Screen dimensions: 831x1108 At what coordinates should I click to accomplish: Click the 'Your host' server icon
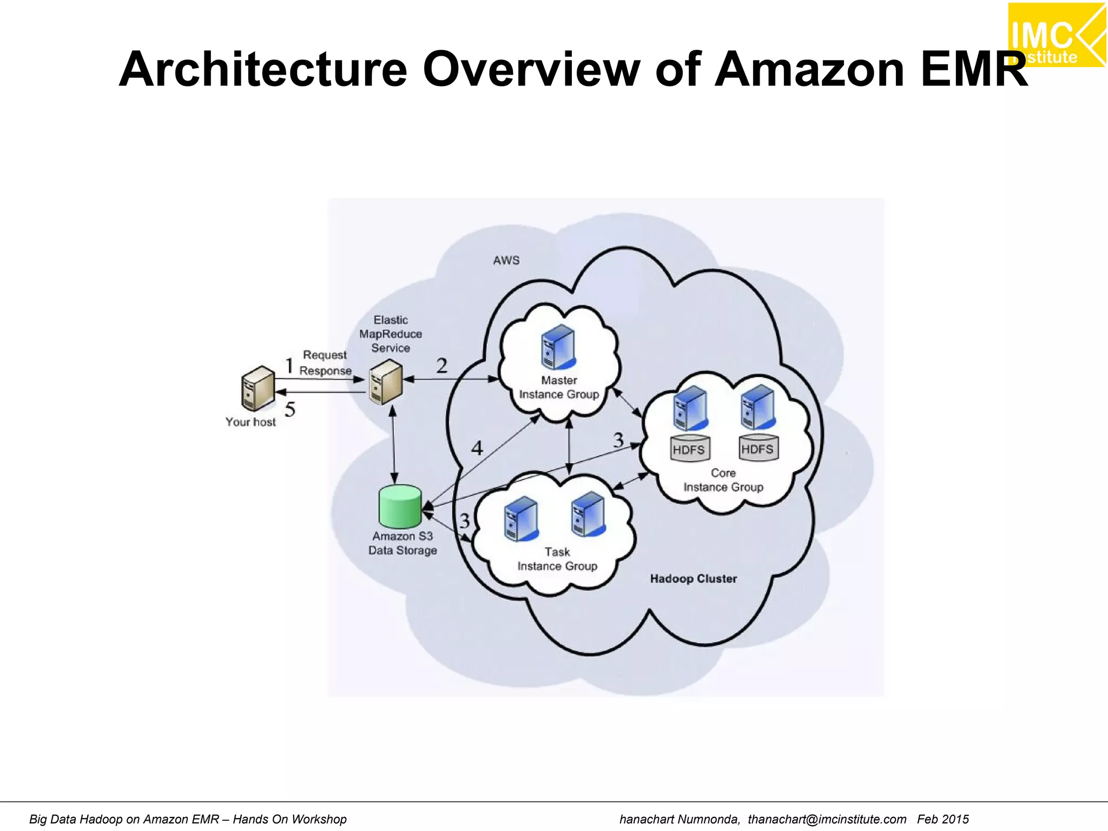[258, 388]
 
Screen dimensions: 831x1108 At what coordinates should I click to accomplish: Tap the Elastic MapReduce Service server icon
[386, 382]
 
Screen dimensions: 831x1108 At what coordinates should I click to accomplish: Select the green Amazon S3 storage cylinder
[400, 506]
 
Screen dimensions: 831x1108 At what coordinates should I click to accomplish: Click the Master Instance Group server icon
[558, 347]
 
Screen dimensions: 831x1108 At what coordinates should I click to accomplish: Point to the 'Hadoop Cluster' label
[693, 579]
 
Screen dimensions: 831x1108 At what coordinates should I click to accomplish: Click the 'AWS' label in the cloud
[506, 261]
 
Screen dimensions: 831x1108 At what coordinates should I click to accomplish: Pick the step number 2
[442, 366]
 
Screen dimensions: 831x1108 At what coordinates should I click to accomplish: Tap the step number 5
[290, 410]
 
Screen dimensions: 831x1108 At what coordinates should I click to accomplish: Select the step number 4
[477, 448]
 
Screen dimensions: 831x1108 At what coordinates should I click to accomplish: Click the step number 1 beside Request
[289, 366]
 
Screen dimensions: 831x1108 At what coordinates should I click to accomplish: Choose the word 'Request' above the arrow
[325, 355]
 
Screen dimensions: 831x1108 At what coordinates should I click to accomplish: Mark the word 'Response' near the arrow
[325, 371]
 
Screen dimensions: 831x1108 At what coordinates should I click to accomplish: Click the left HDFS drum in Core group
[689, 449]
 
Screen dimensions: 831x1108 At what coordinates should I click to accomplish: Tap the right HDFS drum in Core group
[758, 448]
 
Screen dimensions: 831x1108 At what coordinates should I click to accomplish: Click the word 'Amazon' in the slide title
[809, 69]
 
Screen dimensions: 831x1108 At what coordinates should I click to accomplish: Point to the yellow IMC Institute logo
[1057, 35]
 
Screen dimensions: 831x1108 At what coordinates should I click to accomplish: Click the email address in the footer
[827, 819]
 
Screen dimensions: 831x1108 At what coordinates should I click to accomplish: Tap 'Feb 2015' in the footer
[942, 819]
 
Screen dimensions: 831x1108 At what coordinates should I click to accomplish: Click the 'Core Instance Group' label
[723, 480]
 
